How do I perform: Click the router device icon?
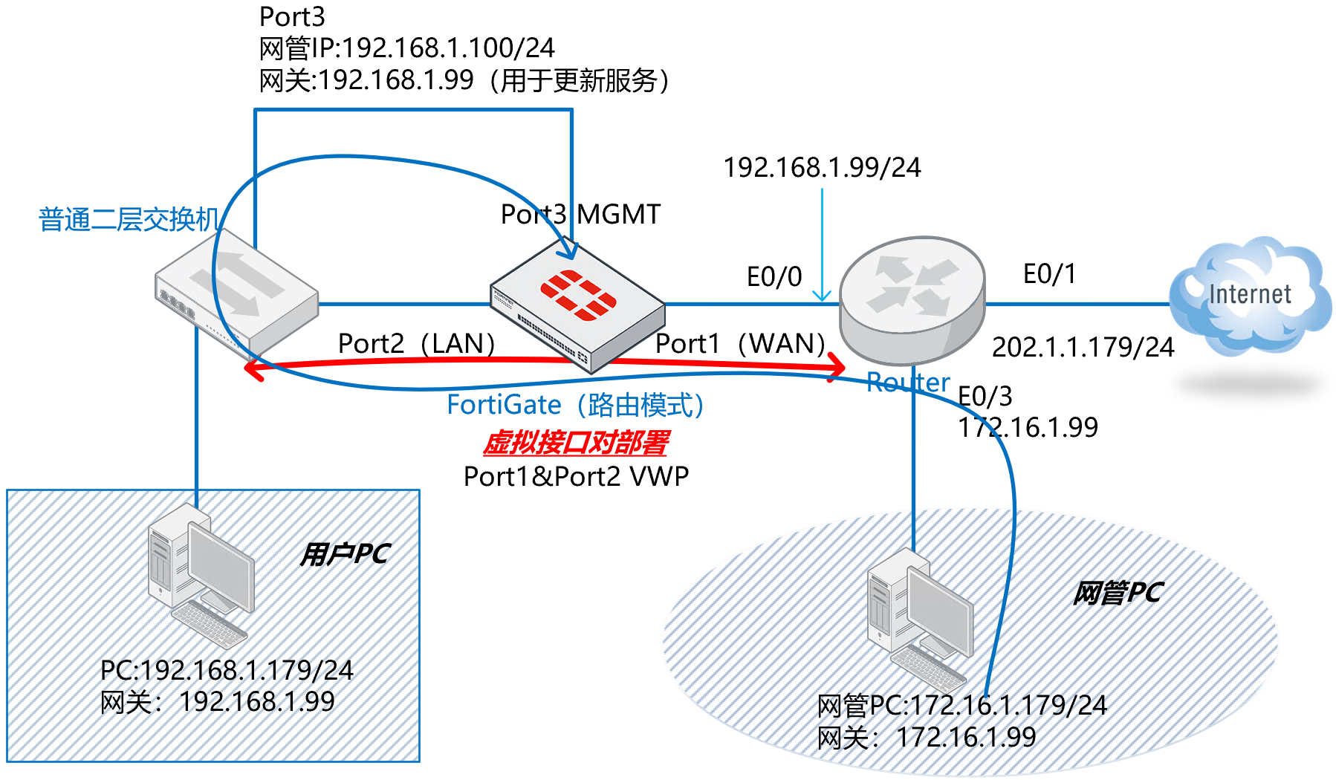[912, 297]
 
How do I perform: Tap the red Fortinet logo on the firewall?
[578, 295]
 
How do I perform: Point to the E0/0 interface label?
[774, 277]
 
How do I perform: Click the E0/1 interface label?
[1049, 274]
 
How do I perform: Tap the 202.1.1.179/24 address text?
[1083, 347]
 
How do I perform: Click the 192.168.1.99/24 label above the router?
[822, 168]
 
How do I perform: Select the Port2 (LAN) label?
[416, 344]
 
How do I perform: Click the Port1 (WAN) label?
[740, 344]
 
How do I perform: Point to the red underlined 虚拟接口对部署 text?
[576, 443]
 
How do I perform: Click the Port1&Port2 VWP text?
[576, 476]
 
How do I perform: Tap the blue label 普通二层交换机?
[129, 220]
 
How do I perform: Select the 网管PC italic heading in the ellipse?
[1117, 593]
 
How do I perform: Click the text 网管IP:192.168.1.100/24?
[406, 48]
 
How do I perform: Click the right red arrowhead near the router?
[838, 365]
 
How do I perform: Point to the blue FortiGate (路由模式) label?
[575, 405]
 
